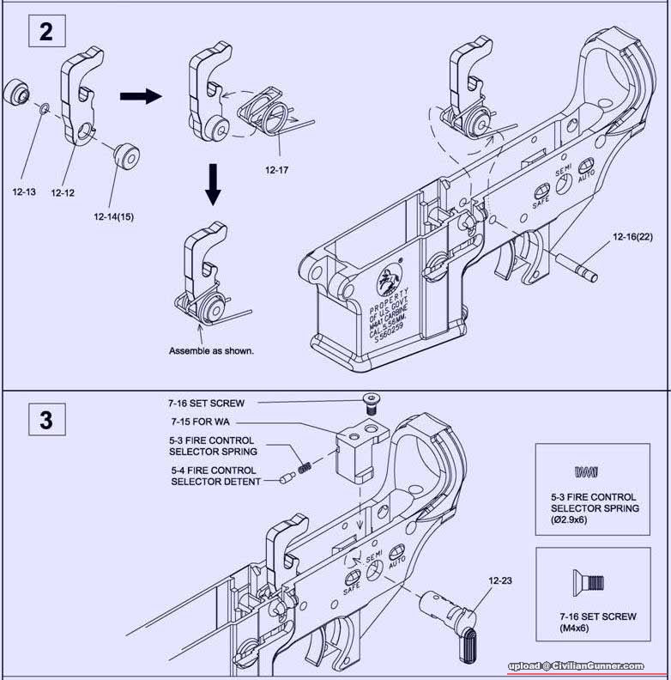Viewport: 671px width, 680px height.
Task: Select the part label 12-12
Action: [x=63, y=193]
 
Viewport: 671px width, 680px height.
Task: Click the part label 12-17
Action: [x=277, y=169]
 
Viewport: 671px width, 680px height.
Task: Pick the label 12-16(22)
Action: [x=632, y=235]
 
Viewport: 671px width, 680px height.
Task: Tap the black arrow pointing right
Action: [x=140, y=96]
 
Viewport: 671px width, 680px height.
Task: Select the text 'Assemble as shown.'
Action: [x=212, y=351]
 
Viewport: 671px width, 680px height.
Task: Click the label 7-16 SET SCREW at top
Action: [x=206, y=402]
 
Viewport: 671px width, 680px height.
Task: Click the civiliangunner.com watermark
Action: [x=575, y=665]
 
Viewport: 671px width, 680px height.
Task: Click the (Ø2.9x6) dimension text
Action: [x=594, y=519]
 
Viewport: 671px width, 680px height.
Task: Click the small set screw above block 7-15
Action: [x=370, y=398]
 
